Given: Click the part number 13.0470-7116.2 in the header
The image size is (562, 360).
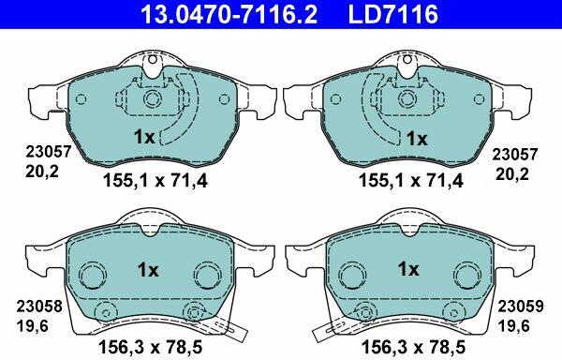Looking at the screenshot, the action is point(229,14).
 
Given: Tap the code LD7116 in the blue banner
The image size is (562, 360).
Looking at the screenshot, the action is point(392,14).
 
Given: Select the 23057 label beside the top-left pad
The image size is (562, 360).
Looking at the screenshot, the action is point(49,152).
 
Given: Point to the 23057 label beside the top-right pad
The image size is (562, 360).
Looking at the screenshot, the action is point(514,155).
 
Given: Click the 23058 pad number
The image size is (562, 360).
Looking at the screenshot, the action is point(39,307).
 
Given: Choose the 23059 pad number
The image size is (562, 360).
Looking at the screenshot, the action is point(521,307).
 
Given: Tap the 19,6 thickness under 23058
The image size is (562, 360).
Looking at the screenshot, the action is point(32,326).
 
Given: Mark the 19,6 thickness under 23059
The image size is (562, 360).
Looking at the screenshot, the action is point(513,326).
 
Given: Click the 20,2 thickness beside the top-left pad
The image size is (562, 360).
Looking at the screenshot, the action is point(41,172).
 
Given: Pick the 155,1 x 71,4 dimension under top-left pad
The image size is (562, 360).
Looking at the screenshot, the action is point(155,181).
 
